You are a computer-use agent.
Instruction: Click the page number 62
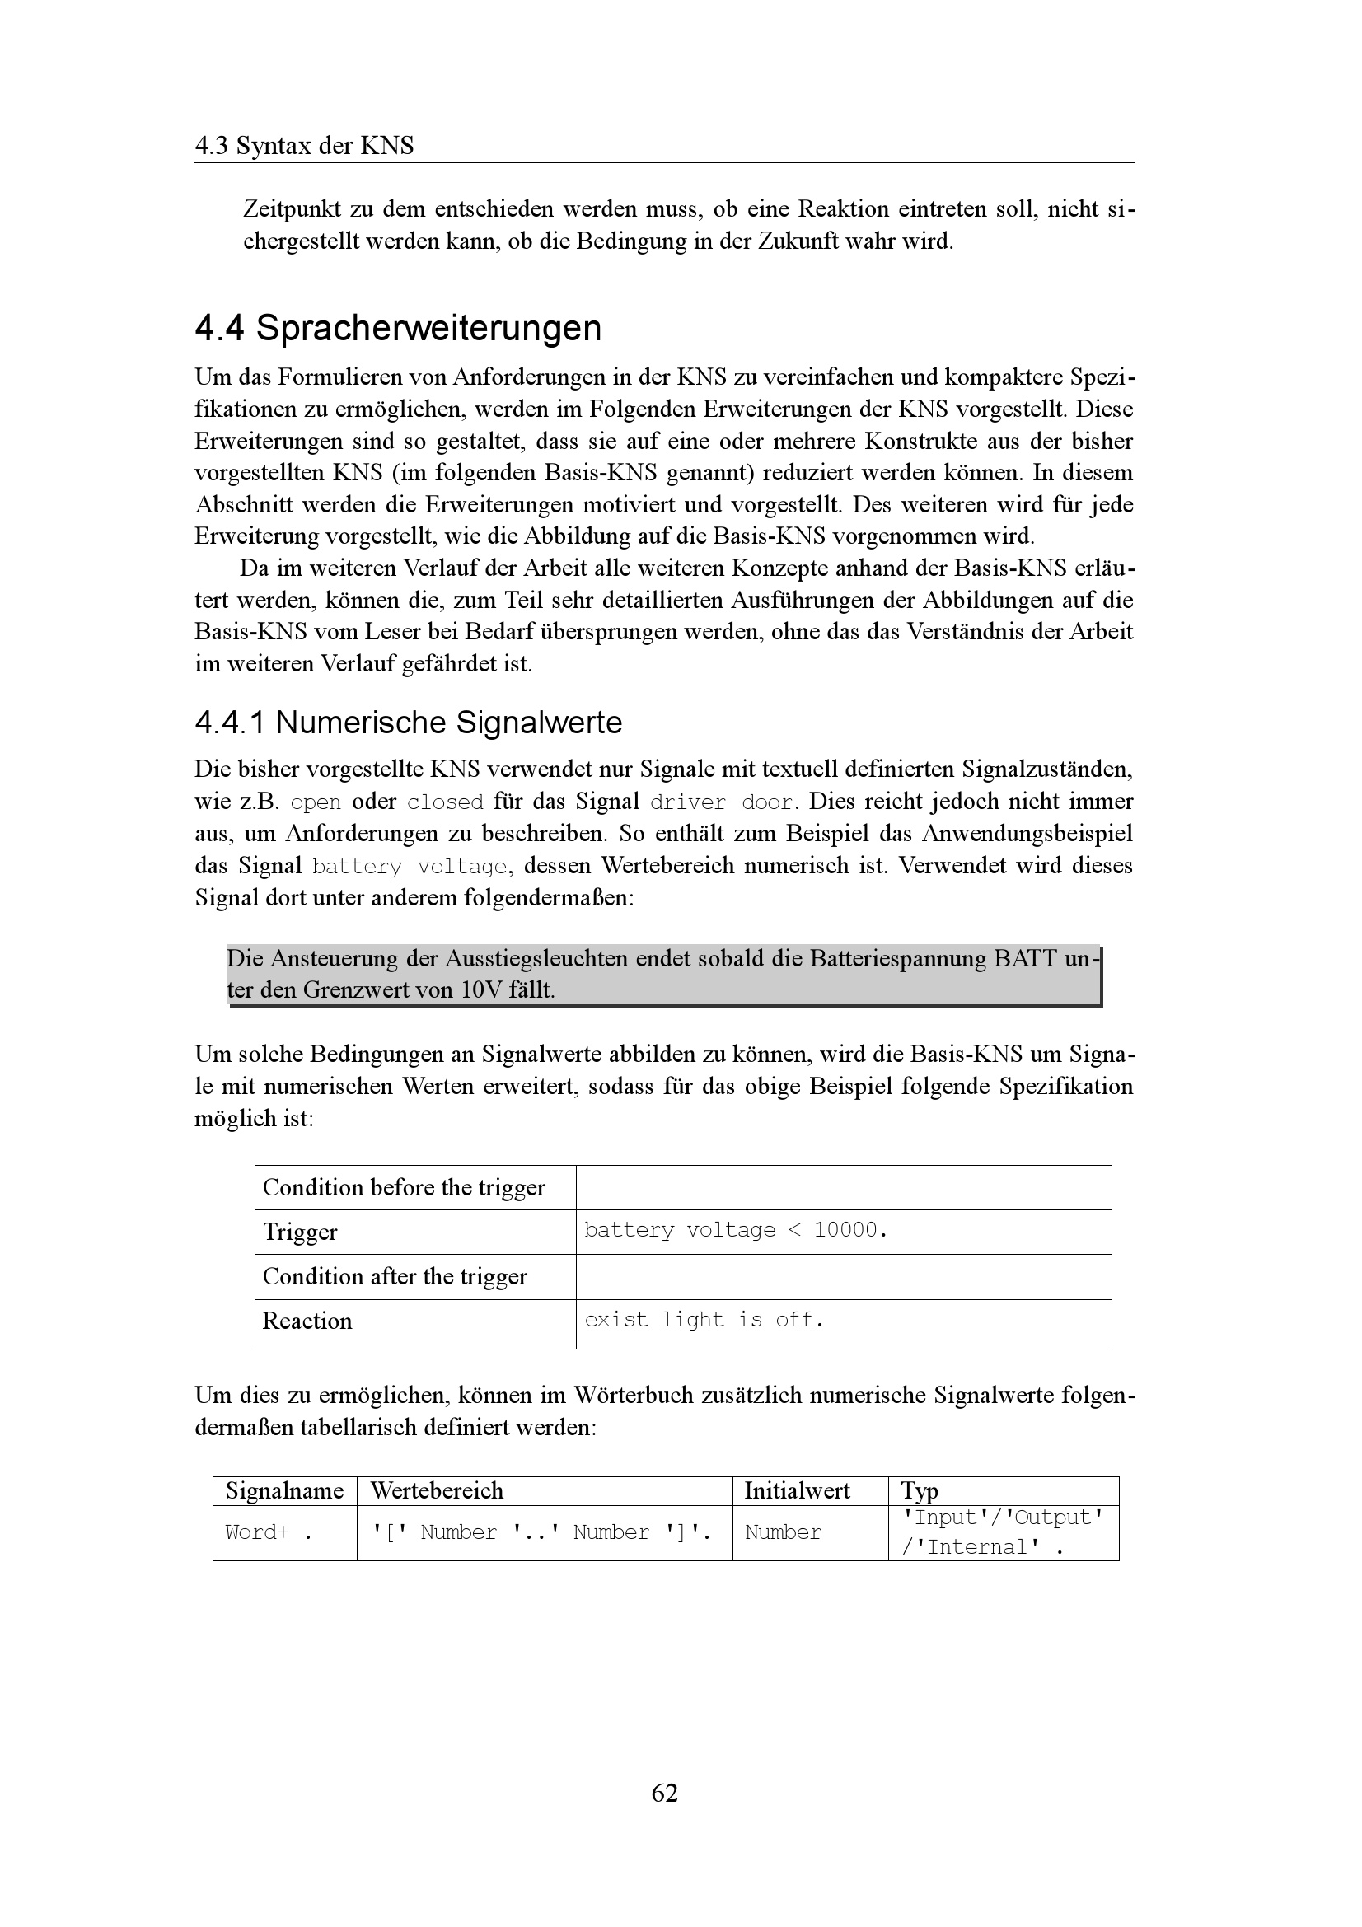[x=665, y=1792]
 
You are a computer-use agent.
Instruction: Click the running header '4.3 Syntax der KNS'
[x=304, y=146]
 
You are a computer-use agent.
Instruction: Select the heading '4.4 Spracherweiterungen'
[x=398, y=327]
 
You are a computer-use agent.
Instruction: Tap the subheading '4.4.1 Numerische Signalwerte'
[x=408, y=722]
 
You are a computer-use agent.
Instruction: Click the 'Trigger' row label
[x=300, y=1231]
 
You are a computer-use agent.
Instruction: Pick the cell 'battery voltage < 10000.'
[x=735, y=1230]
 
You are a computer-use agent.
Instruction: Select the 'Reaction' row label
[x=307, y=1320]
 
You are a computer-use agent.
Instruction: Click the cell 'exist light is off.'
[x=704, y=1319]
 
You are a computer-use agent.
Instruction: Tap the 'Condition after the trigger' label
[x=395, y=1275]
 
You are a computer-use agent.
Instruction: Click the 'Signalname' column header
[x=284, y=1490]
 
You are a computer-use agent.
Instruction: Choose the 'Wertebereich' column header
[x=437, y=1490]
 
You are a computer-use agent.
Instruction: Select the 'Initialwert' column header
[x=797, y=1490]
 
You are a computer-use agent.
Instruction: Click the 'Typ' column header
[x=919, y=1490]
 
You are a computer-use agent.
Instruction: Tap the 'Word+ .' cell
[x=269, y=1532]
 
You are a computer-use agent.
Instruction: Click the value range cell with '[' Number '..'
[x=541, y=1532]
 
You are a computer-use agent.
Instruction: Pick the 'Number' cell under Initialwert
[x=782, y=1532]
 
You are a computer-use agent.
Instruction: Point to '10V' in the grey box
[x=482, y=989]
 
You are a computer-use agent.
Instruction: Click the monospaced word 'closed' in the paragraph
[x=445, y=802]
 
